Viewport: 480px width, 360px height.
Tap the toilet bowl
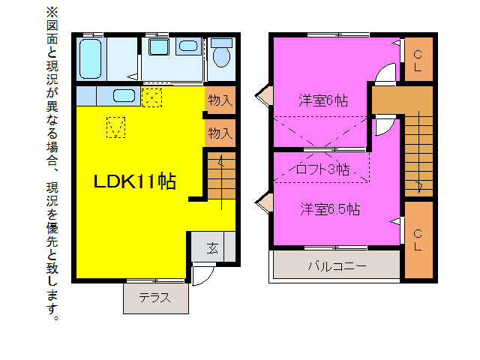[221, 55]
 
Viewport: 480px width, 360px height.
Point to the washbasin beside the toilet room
[189, 46]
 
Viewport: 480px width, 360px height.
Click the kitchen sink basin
[124, 96]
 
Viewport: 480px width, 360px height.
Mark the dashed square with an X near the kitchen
[152, 97]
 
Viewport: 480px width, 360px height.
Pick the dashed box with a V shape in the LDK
[115, 127]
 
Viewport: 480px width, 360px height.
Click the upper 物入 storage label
[220, 100]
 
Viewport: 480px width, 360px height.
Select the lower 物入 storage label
[220, 133]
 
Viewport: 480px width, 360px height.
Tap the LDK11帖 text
[134, 181]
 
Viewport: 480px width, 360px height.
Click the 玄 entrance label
[213, 248]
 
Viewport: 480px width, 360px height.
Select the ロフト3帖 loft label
[322, 169]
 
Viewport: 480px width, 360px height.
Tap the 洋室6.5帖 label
[329, 208]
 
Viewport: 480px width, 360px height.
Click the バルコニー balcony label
[336, 265]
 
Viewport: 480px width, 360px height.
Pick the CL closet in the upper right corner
[418, 60]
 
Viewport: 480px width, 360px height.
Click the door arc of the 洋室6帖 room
[383, 76]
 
